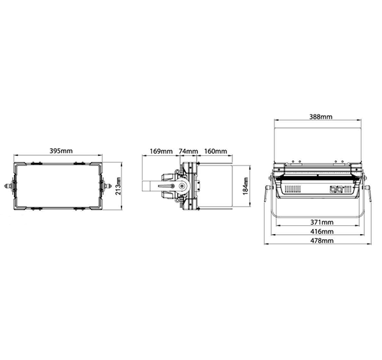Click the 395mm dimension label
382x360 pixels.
pyautogui.click(x=61, y=151)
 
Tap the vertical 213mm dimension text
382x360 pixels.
pyautogui.click(x=118, y=186)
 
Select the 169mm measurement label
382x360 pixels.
pyautogui.click(x=161, y=151)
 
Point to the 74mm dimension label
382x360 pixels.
pyautogui.click(x=188, y=151)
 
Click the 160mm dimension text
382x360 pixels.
pyautogui.click(x=215, y=151)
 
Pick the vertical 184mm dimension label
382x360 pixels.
pyautogui.click(x=246, y=186)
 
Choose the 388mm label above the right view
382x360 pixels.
pyautogui.click(x=321, y=117)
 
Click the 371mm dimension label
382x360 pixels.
pyautogui.click(x=322, y=222)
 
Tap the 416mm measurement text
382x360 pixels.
pyautogui.click(x=322, y=232)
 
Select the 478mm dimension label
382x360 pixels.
pyautogui.click(x=322, y=240)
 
